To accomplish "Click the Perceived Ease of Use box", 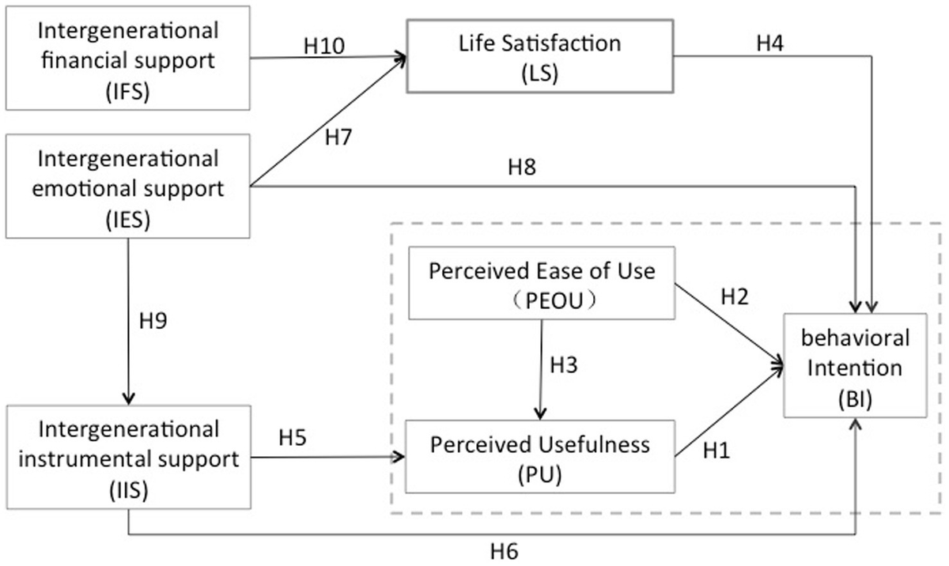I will tap(542, 283).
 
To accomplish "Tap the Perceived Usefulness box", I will tap(539, 456).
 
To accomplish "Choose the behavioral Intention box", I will tap(855, 364).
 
